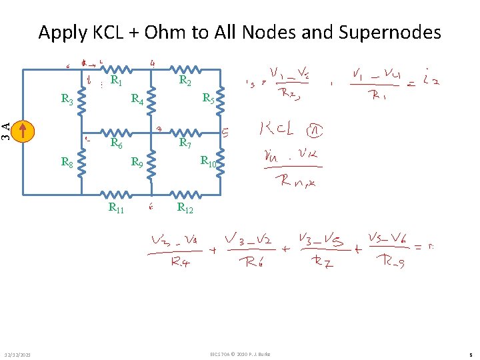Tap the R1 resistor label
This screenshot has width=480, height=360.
[116, 81]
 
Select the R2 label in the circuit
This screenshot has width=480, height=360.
[186, 81]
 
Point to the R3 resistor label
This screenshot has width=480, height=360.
[67, 100]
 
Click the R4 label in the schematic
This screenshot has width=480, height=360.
[138, 101]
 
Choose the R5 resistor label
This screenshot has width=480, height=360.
[208, 98]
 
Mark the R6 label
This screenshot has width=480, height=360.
[116, 143]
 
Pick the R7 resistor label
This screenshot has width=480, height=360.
[185, 143]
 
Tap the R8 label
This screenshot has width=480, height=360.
[67, 161]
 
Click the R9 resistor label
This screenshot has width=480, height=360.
[137, 161]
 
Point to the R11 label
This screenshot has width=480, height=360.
[116, 209]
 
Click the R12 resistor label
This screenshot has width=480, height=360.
[185, 208]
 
